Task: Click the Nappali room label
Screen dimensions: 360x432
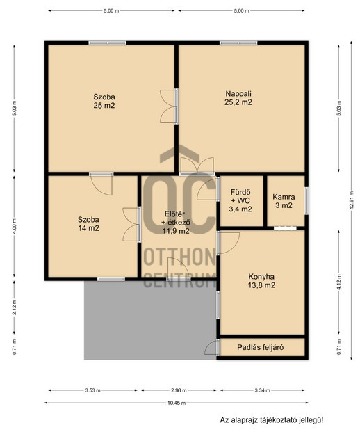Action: [x=238, y=94]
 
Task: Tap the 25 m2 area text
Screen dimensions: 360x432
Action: [x=104, y=106]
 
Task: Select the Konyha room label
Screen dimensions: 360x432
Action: [x=261, y=277]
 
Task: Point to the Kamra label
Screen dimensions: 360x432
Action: [x=284, y=197]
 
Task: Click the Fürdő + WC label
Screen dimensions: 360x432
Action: [x=240, y=196]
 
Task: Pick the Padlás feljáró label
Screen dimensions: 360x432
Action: [x=261, y=347]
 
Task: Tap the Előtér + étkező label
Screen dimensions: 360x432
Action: [x=176, y=218]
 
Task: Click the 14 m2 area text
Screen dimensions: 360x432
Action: [x=88, y=228]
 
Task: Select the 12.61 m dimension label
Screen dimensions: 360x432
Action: [x=351, y=200]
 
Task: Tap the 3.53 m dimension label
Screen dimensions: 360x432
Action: [x=92, y=390]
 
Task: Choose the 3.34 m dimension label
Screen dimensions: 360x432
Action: [x=262, y=390]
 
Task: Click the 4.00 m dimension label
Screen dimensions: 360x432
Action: [x=15, y=226]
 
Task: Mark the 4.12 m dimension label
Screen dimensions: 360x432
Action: [x=339, y=282]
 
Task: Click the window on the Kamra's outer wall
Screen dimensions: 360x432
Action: [x=306, y=201]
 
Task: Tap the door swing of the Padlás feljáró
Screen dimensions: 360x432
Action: [x=211, y=348]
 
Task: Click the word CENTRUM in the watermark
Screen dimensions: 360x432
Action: [x=180, y=280]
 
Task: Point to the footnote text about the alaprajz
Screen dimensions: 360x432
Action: [x=271, y=420]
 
